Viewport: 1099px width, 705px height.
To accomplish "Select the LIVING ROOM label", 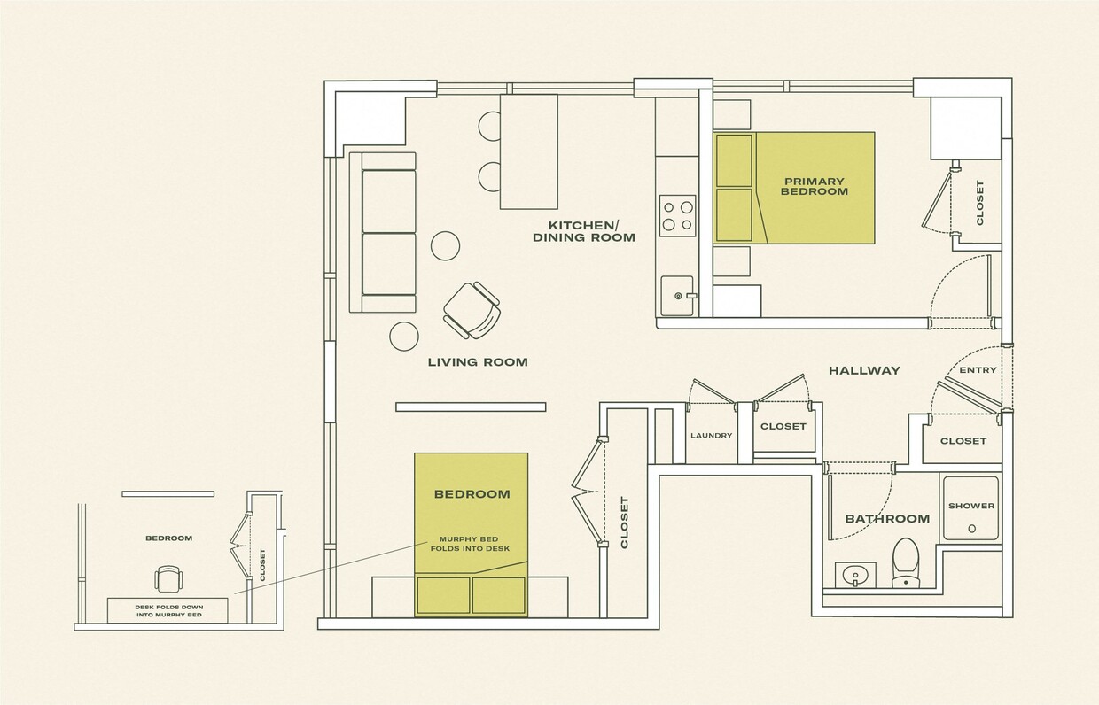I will (x=478, y=361).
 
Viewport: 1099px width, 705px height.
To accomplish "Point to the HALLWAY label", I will (x=864, y=370).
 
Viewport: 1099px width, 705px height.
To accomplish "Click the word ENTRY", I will (x=978, y=370).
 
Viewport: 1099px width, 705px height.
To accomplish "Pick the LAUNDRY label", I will (x=711, y=435).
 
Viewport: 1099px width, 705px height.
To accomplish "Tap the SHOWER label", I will (x=971, y=506).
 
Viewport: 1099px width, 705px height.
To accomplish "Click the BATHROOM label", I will (x=887, y=519).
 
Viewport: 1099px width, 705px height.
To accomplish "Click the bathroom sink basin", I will (x=854, y=575).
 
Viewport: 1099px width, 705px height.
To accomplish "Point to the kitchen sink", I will (x=677, y=294).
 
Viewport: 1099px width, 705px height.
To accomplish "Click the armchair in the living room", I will (x=472, y=310).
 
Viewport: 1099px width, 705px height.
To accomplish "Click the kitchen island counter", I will (x=528, y=151).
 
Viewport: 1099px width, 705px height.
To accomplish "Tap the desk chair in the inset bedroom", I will (x=168, y=579).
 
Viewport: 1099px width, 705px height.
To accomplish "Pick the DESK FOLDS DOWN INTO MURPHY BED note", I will (x=168, y=610).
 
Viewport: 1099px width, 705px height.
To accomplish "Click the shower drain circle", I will (x=971, y=529).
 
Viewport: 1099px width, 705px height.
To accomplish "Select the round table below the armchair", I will (x=404, y=335).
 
